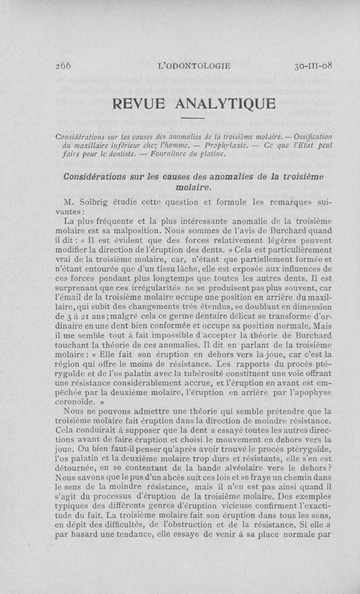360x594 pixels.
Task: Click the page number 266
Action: pyautogui.click(x=63, y=66)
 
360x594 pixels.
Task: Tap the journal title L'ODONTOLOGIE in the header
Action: pyautogui.click(x=194, y=66)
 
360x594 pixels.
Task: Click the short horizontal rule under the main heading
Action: pyautogui.click(x=195, y=118)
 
